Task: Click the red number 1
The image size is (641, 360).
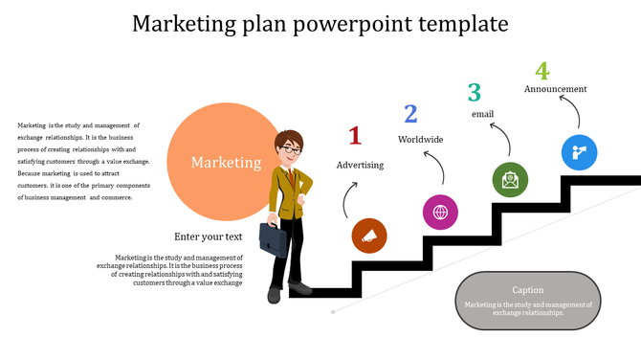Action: click(x=355, y=136)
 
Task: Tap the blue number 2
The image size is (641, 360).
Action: click(x=410, y=115)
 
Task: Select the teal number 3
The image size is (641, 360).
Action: click(x=474, y=92)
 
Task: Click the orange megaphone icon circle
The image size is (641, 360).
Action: click(x=369, y=236)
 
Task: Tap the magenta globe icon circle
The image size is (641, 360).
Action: click(x=440, y=212)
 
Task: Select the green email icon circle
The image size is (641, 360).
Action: click(x=510, y=179)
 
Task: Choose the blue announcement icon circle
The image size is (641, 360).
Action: click(x=579, y=152)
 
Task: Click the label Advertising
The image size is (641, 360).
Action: click(x=360, y=165)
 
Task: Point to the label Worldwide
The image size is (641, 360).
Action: click(x=421, y=140)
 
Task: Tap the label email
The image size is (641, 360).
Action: click(x=482, y=115)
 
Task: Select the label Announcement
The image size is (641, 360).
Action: click(x=555, y=89)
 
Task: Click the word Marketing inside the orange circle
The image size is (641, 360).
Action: click(x=226, y=163)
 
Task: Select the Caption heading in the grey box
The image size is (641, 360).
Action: click(x=528, y=290)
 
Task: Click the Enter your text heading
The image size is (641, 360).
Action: click(x=209, y=236)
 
